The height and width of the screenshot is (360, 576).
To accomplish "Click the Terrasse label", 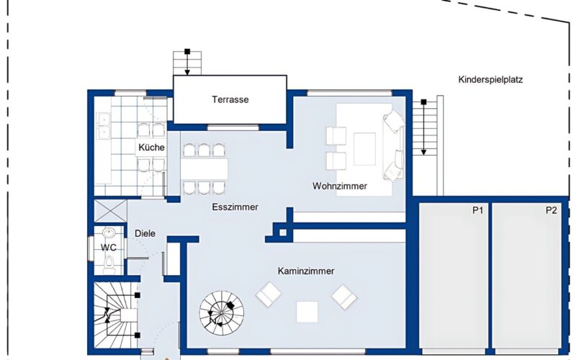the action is coord(230,99).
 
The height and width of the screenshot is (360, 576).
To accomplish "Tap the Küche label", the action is coord(151,148).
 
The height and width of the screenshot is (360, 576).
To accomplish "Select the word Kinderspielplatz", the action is coord(490,80).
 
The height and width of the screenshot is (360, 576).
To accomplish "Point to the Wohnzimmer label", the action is coord(340,186).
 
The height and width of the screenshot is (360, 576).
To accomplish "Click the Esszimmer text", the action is coord(235,207).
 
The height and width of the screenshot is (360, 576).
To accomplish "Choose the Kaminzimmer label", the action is coord(306,271).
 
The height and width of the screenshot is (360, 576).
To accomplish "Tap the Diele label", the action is coord(145,233).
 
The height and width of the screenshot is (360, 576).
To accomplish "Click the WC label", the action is coord(109,248).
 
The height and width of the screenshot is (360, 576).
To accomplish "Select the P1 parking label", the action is coord(477,210).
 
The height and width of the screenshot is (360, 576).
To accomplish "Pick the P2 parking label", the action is coord(551,210).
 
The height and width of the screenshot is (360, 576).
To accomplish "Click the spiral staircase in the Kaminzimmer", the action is coord(222,313).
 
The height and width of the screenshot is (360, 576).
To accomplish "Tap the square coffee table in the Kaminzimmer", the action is coord(307,312).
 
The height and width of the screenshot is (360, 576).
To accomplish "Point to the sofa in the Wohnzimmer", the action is coord(394,145).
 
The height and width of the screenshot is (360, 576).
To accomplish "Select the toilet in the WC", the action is coord(109,264).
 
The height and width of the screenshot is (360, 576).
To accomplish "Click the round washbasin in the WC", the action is coord(109,233).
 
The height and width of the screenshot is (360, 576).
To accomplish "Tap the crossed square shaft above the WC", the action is coord(111,211).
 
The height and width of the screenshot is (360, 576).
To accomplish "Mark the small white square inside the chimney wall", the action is coord(283,233).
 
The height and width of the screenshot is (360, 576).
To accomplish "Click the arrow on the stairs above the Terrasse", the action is coord(187,63).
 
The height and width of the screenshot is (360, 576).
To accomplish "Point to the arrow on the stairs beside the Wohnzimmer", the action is coord(423,127).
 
